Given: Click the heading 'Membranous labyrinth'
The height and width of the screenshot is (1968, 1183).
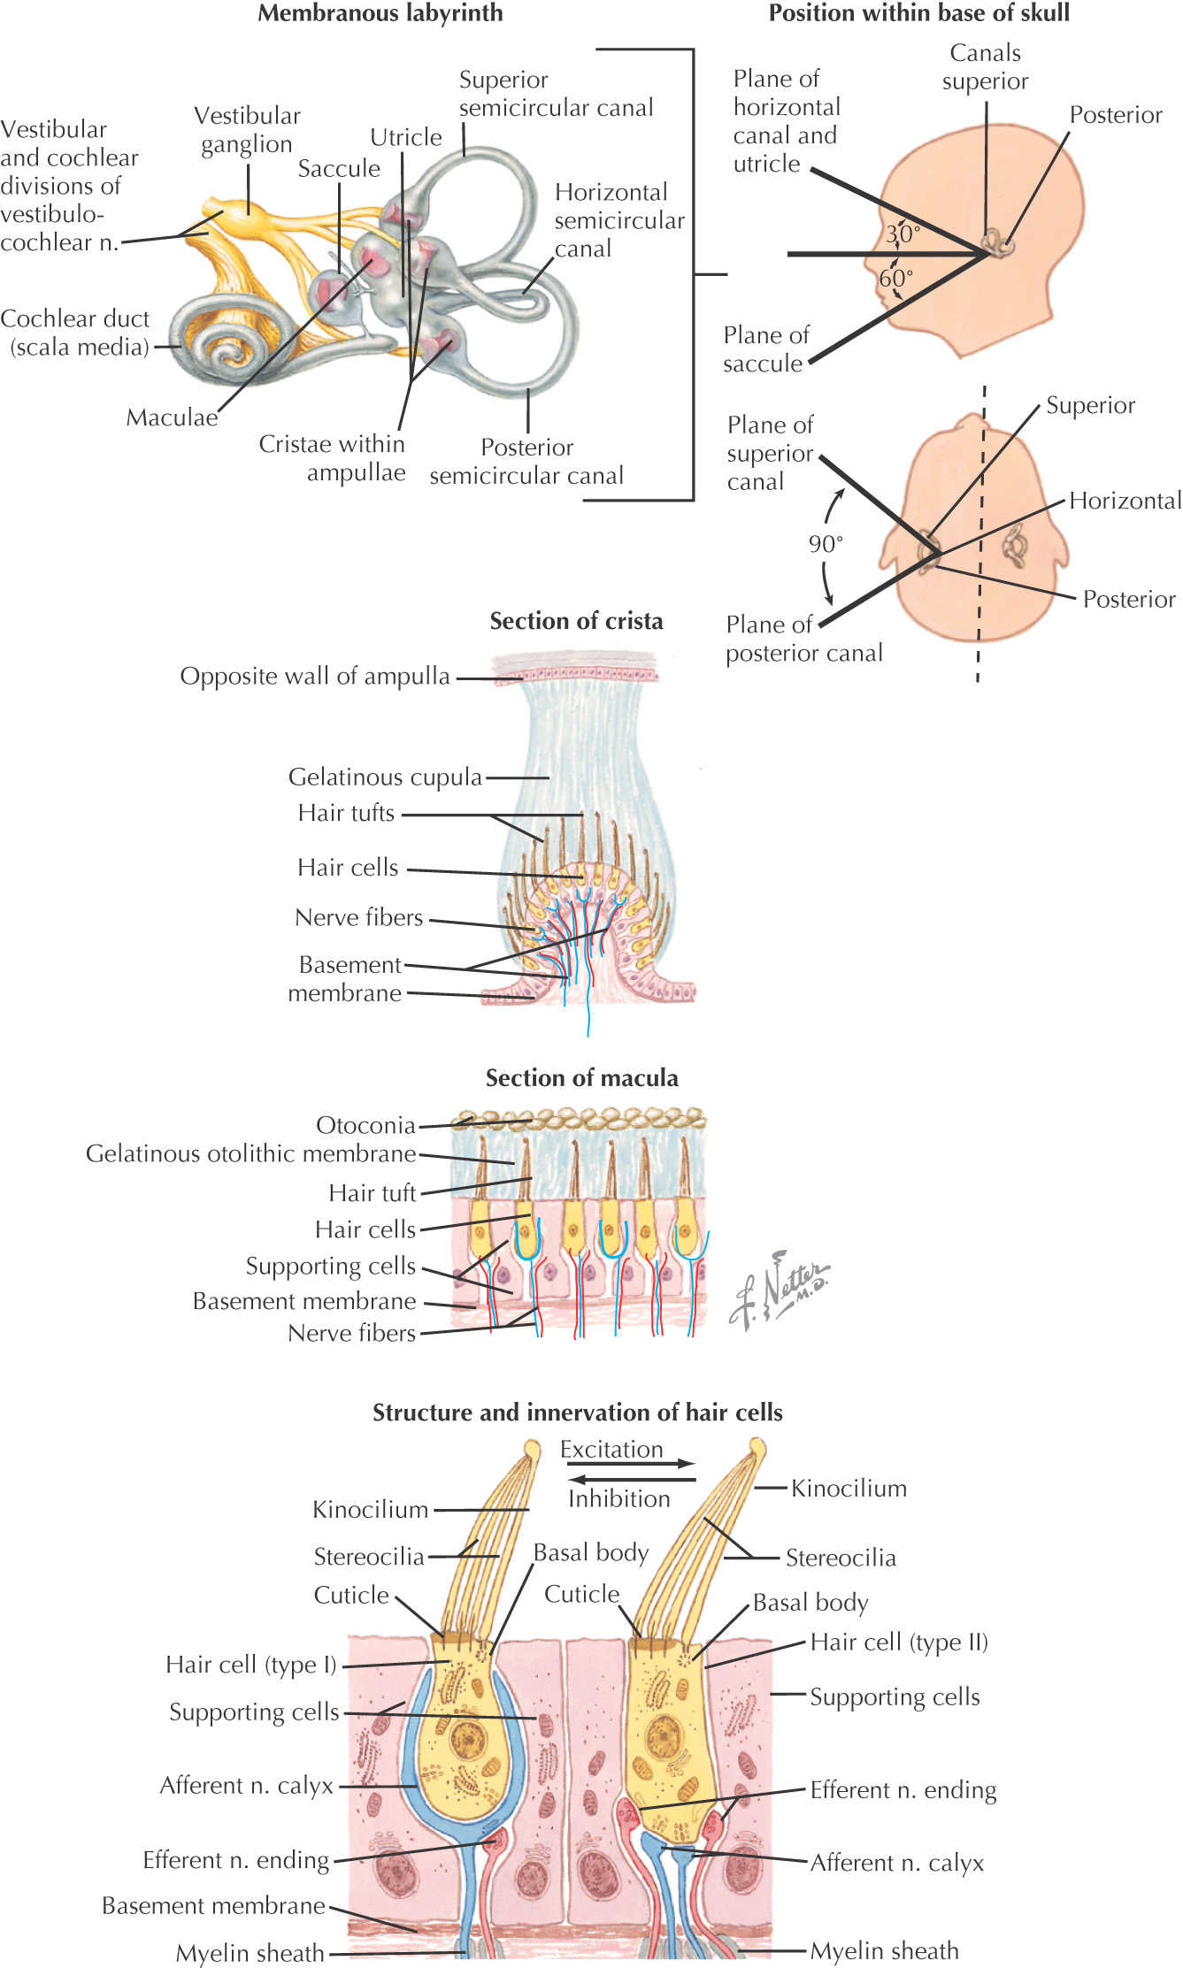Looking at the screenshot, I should click(380, 13).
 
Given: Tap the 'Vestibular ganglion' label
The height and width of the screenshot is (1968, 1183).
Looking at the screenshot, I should click(247, 130).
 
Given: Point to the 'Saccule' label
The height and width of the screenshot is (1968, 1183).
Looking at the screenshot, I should click(339, 168).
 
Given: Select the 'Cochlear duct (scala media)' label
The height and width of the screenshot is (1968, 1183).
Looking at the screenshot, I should click(76, 333).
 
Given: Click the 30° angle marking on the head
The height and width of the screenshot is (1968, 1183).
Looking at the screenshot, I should click(903, 234).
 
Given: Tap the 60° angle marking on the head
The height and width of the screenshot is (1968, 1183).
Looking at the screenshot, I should click(895, 279).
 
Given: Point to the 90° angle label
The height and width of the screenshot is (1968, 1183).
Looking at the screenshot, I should click(826, 544).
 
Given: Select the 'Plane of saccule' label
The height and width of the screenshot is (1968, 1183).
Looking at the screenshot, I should click(765, 349).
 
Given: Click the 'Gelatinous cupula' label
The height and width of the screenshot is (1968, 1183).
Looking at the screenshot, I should click(385, 777).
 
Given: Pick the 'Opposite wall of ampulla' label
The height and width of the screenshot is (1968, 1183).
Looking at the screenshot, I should click(315, 677).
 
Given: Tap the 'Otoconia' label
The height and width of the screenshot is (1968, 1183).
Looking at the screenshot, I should click(365, 1125).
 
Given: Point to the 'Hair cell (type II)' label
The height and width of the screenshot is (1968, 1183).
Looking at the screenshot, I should click(899, 1643).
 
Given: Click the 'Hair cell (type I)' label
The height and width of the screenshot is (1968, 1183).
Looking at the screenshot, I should click(251, 1665).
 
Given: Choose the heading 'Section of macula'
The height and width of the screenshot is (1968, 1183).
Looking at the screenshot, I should click(582, 1078).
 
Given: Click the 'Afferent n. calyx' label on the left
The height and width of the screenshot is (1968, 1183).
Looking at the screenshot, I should click(247, 1786).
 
